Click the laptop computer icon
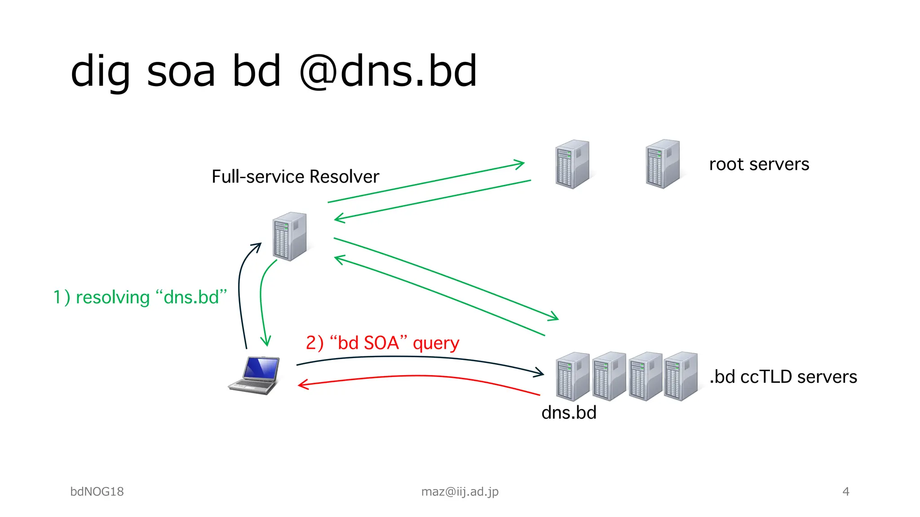(254, 376)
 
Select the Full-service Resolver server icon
(290, 237)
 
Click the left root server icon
(572, 164)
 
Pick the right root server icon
(663, 164)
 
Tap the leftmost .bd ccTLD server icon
(572, 376)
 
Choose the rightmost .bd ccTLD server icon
(681, 376)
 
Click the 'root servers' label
(759, 164)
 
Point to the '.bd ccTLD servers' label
(783, 377)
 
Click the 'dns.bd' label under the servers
(569, 412)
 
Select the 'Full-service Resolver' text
(295, 177)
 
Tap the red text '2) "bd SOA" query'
(382, 343)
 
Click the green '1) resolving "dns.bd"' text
(140, 297)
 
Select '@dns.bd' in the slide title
(388, 71)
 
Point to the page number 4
(845, 491)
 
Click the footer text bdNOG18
(97, 491)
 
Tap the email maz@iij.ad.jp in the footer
(460, 491)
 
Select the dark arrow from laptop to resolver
(240, 292)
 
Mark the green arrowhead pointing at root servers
(520, 164)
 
